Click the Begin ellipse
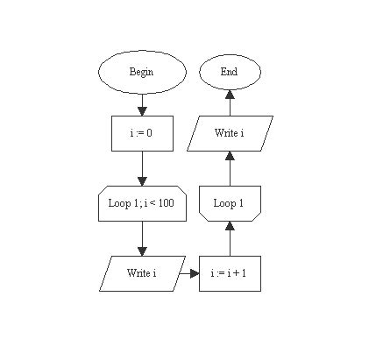coord(141,72)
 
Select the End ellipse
coord(230,72)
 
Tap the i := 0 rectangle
coord(141,133)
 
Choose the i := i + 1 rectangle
coord(230,273)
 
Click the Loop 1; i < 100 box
coord(141,203)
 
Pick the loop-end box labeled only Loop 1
coord(230,203)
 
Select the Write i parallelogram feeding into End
coord(230,133)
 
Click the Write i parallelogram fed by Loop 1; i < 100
coord(141,273)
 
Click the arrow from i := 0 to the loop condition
coord(141,168)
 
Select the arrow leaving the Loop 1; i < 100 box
coord(141,238)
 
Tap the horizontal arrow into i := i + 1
coord(191,273)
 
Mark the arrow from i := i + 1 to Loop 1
coord(230,238)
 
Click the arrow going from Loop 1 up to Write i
coord(230,168)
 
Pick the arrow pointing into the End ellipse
coord(230,102)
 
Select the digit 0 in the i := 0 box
coord(153,133)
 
